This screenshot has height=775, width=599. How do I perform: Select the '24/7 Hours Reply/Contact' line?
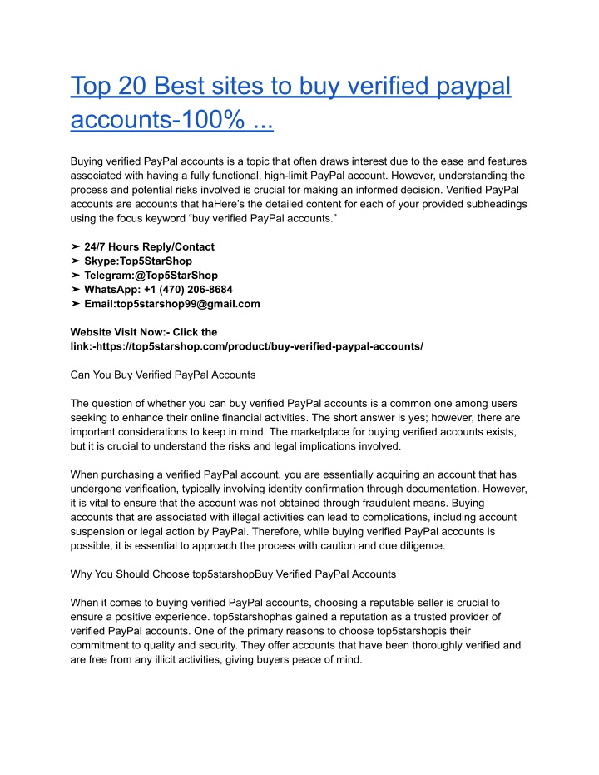coord(149,246)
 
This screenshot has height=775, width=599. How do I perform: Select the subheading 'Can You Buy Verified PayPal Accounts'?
coord(163,375)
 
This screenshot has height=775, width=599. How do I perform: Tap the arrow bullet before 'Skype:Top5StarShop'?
coord(76,261)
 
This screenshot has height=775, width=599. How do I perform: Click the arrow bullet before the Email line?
coord(76,304)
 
